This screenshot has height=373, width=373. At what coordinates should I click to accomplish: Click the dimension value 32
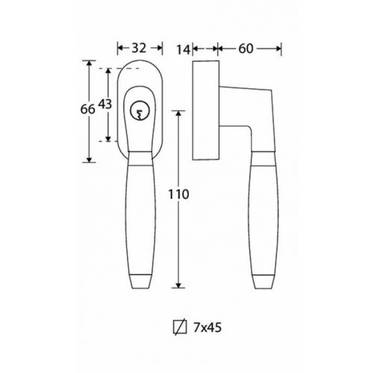pos(139,48)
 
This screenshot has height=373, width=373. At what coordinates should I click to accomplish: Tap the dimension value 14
pos(184,49)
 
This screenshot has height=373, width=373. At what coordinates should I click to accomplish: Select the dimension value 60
pos(246,48)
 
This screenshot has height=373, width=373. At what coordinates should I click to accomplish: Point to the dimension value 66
pos(88,109)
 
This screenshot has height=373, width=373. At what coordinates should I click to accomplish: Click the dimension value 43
pos(105,104)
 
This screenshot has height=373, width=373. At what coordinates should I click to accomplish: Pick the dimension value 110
pos(178,194)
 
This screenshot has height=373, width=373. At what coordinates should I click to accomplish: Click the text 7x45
pos(207,327)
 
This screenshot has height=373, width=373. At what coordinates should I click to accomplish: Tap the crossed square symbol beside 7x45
pos(180,327)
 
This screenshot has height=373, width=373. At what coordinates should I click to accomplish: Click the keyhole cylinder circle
pos(140,111)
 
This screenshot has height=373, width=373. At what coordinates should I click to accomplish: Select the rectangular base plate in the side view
pos(206,110)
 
